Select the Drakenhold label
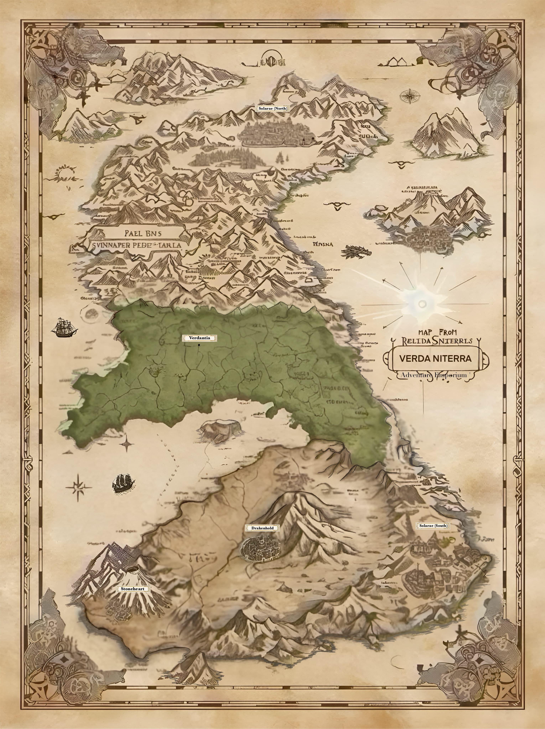tap(263, 528)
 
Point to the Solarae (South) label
tap(433, 526)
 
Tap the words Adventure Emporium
tap(434, 375)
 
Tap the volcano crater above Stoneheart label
tap(133, 570)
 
